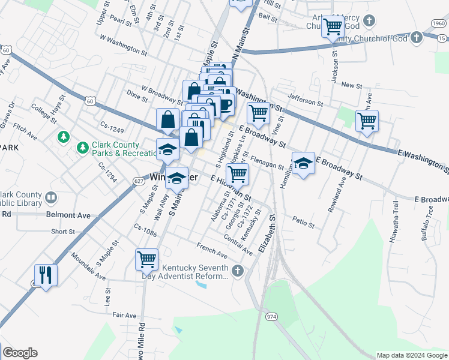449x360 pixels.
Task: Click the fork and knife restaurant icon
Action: pyautogui.click(x=46, y=275)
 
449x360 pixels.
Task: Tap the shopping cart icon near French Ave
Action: pyautogui.click(x=147, y=259)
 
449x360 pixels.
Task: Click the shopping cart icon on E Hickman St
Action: pyautogui.click(x=238, y=174)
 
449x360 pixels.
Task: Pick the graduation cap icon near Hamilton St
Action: pyautogui.click(x=304, y=163)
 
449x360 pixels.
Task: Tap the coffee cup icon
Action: pyautogui.click(x=225, y=104)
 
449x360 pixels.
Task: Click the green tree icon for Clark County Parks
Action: pyautogui.click(x=63, y=137)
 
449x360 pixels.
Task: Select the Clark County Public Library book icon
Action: pyautogui.click(x=51, y=197)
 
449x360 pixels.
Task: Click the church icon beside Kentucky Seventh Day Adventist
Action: pyautogui.click(x=238, y=272)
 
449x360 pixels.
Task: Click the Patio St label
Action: pyautogui.click(x=304, y=222)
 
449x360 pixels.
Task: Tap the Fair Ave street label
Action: pyautogui.click(x=124, y=315)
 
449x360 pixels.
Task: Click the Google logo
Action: pyautogui.click(x=20, y=353)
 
